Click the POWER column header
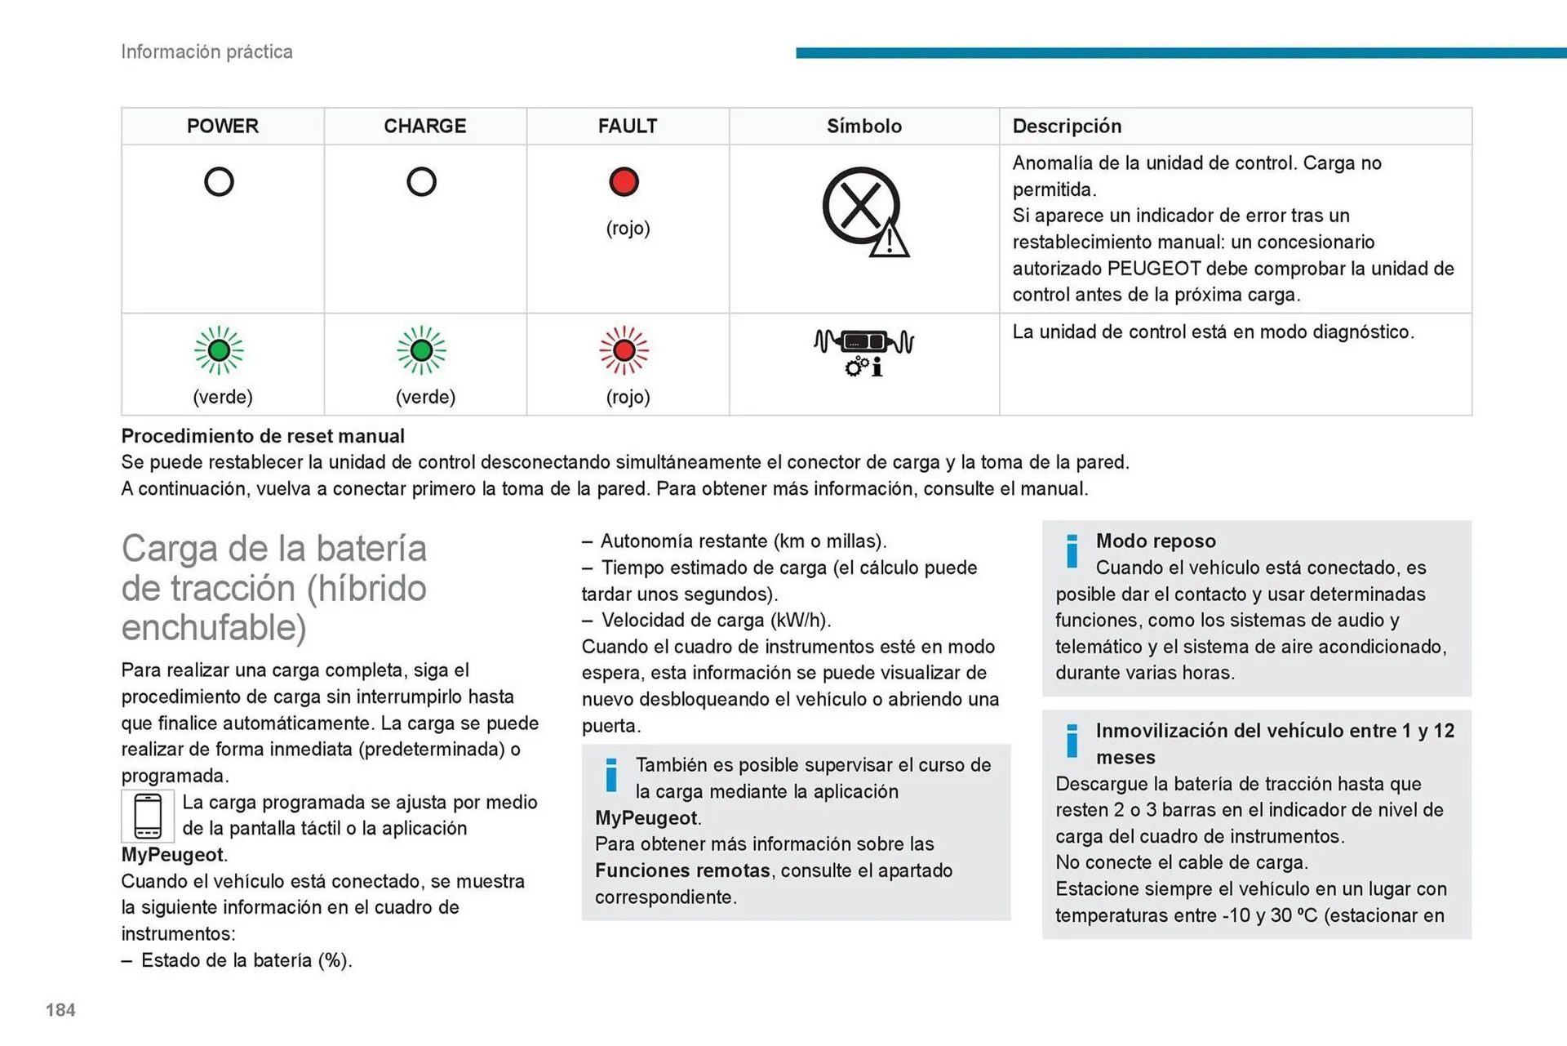(222, 126)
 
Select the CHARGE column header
(424, 126)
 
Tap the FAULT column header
(627, 126)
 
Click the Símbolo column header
(863, 126)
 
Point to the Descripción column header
(1067, 126)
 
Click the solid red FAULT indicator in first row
(624, 181)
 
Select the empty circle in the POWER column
(219, 181)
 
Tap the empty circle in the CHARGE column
(421, 181)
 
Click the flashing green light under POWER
(219, 350)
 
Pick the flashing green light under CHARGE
(421, 350)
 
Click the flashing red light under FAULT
(624, 350)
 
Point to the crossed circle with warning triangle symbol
(864, 211)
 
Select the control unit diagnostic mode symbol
(863, 351)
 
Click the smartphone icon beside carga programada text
(148, 816)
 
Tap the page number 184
(60, 1010)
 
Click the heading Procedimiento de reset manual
(263, 436)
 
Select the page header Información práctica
(206, 51)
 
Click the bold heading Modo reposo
(1155, 541)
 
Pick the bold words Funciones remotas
(681, 870)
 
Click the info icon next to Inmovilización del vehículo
(1072, 741)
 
